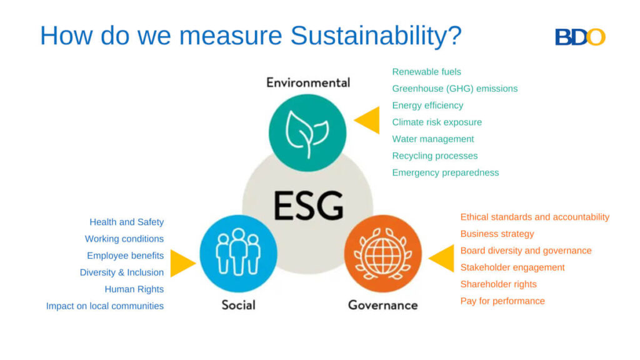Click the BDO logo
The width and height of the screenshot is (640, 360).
(x=580, y=37)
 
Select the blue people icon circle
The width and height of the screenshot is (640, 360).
(x=238, y=253)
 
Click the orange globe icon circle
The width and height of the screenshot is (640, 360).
(x=383, y=253)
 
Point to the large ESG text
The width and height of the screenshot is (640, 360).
(x=308, y=206)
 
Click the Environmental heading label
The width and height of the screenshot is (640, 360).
(x=308, y=82)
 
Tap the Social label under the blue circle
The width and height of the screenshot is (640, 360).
(x=238, y=305)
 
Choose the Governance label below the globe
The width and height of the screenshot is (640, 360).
(x=382, y=305)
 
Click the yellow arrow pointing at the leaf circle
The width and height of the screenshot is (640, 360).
(x=368, y=121)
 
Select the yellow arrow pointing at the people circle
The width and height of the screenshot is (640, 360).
(x=182, y=263)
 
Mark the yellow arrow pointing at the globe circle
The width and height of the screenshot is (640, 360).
(x=442, y=258)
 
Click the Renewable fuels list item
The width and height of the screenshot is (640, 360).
(x=426, y=72)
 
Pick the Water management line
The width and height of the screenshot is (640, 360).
(x=433, y=139)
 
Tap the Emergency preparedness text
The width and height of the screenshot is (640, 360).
(x=445, y=173)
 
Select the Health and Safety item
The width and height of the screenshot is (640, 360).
(x=126, y=222)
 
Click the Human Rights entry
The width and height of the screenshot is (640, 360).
(x=134, y=289)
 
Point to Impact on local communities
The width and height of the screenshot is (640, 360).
(x=105, y=306)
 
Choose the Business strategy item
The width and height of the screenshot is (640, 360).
(x=497, y=234)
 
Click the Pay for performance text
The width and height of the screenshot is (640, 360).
(x=502, y=301)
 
